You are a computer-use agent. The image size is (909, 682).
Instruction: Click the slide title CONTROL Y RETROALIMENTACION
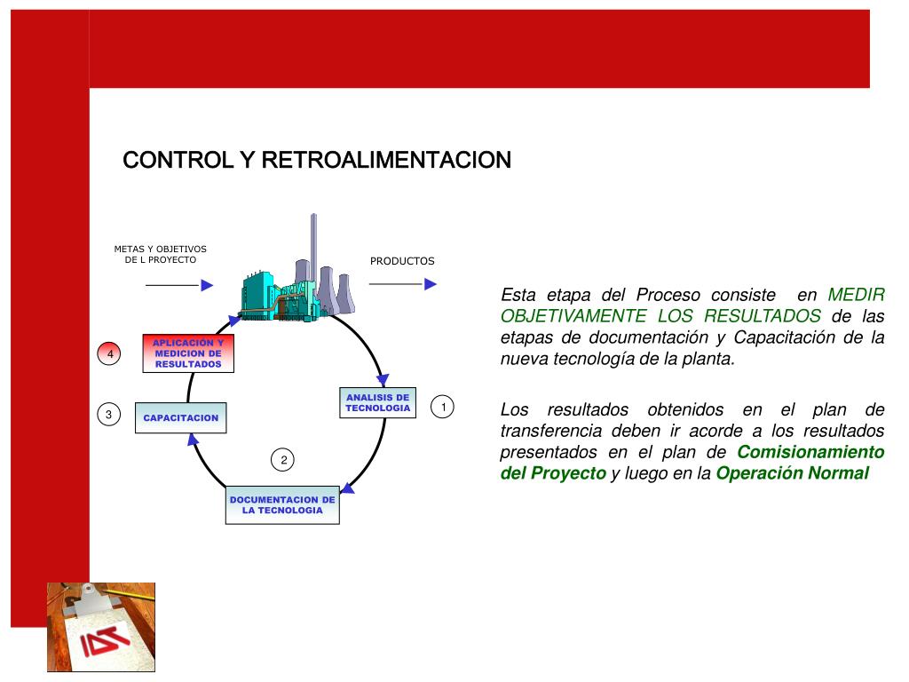click(x=316, y=160)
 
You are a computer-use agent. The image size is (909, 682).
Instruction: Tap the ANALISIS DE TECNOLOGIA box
click(x=377, y=403)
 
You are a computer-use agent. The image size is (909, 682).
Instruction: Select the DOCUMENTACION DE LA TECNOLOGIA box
click(x=282, y=505)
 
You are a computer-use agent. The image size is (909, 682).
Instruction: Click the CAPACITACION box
click(x=181, y=417)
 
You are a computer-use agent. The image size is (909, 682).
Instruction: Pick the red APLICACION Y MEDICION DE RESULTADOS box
click(x=187, y=353)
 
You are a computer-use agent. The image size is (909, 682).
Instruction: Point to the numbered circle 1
click(x=442, y=408)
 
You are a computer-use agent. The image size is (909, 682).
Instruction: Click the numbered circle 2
click(x=283, y=460)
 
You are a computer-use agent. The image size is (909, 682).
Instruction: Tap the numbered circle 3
click(x=108, y=415)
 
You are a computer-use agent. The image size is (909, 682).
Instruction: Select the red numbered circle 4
click(x=110, y=354)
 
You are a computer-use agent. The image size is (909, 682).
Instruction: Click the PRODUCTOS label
click(x=402, y=261)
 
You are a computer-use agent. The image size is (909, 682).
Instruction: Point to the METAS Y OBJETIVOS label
click(x=160, y=254)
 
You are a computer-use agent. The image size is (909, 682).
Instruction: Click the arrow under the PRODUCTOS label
click(x=403, y=284)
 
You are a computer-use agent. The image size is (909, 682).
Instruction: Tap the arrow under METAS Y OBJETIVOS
click(x=179, y=285)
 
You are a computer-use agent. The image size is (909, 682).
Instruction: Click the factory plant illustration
click(x=296, y=280)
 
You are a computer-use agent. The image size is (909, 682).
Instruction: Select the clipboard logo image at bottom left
click(x=101, y=626)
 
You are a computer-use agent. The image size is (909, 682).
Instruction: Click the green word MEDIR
click(x=856, y=295)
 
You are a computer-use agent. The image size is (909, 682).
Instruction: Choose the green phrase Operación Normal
click(x=792, y=473)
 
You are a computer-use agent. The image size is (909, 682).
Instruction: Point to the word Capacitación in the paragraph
click(x=786, y=337)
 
